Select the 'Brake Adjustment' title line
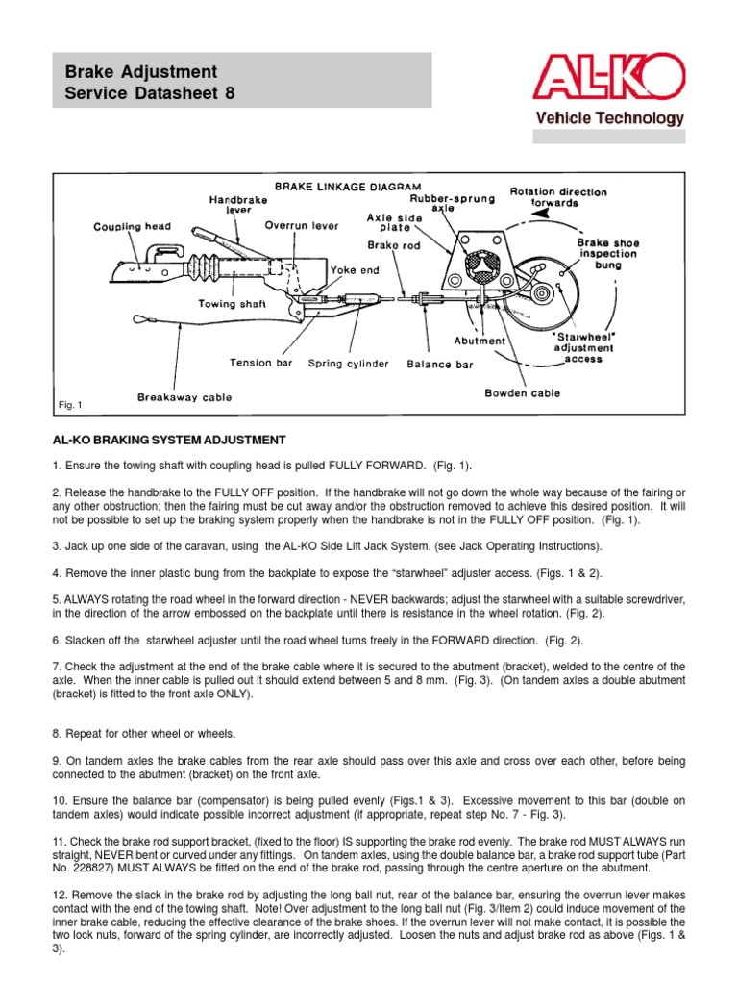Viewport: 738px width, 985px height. [140, 72]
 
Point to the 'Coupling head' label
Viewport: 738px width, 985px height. [133, 227]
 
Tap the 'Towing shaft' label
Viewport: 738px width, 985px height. [231, 304]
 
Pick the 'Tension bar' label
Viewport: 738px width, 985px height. [260, 364]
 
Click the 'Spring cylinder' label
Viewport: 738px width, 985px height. [348, 364]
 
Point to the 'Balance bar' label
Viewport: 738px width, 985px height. [440, 365]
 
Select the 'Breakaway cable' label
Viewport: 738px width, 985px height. [184, 396]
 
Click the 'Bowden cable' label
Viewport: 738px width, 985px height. [523, 392]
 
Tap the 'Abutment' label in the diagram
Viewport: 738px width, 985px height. [480, 341]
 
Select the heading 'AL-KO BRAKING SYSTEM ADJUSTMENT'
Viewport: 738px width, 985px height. [169, 440]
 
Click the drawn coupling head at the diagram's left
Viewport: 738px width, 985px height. [144, 264]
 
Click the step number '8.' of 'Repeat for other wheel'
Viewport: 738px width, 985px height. [58, 733]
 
